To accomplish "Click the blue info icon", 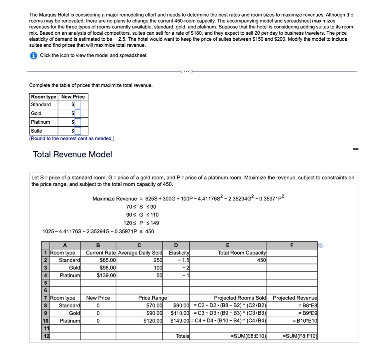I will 33,56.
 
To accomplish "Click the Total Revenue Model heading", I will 72,154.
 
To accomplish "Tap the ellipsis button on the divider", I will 186,71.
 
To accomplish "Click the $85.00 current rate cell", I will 108,260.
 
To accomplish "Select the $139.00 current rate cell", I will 106,275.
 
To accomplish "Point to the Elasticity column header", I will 179,253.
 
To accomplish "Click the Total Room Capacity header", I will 242,253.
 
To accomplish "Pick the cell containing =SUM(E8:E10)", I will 248,336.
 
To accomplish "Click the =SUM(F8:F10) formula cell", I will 300,336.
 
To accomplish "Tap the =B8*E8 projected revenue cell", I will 307,305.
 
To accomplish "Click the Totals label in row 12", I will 182,336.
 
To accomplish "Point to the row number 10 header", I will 45,321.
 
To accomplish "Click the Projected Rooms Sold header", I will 240,298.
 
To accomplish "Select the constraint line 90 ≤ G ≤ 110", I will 141,215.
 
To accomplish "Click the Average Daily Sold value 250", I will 158,260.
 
